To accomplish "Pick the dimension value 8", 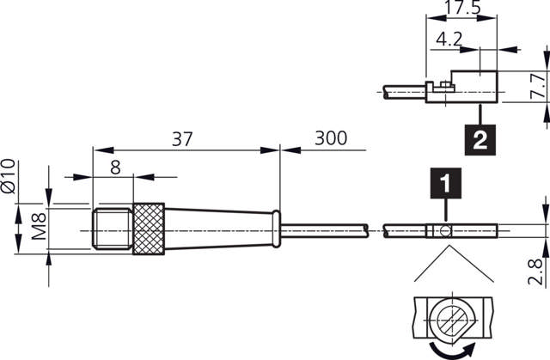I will click(x=115, y=168).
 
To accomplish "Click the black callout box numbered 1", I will click(x=445, y=183).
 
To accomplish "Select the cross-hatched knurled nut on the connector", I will click(x=149, y=229).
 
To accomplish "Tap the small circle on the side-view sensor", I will click(x=446, y=230).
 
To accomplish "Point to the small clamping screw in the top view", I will click(x=441, y=84).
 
